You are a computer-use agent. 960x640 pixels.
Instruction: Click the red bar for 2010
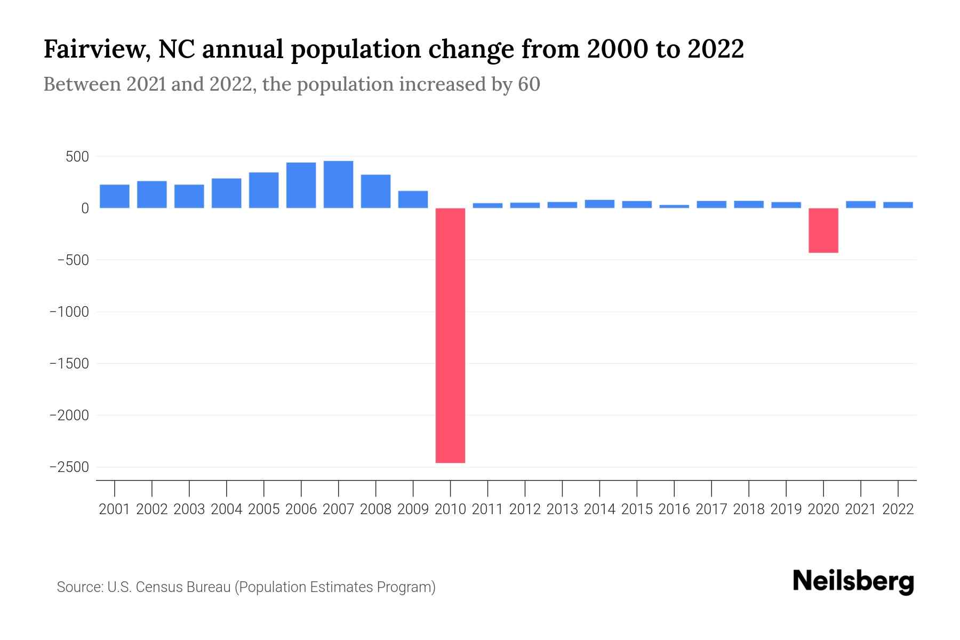[450, 335]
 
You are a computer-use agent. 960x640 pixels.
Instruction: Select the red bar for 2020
[823, 230]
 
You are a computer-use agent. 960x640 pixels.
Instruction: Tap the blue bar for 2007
[338, 185]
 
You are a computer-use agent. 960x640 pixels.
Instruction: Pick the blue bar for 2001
[115, 196]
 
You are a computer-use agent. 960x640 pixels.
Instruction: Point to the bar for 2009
[413, 199]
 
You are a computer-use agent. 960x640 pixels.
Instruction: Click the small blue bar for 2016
[674, 206]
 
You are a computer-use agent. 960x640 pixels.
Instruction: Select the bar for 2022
[898, 205]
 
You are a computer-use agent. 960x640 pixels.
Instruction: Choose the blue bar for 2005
[263, 190]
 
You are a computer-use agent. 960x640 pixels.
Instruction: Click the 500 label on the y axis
[77, 157]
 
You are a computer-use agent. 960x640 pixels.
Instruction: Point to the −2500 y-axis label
[69, 467]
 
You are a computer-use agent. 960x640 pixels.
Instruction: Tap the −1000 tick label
[69, 312]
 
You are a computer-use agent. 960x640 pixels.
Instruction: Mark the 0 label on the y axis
[85, 209]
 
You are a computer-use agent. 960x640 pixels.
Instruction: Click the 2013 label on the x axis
[562, 509]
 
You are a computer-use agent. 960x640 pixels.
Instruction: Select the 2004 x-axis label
[227, 509]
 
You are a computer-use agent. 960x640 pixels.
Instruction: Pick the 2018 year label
[749, 509]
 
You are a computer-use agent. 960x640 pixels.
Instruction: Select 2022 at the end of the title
[715, 50]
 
